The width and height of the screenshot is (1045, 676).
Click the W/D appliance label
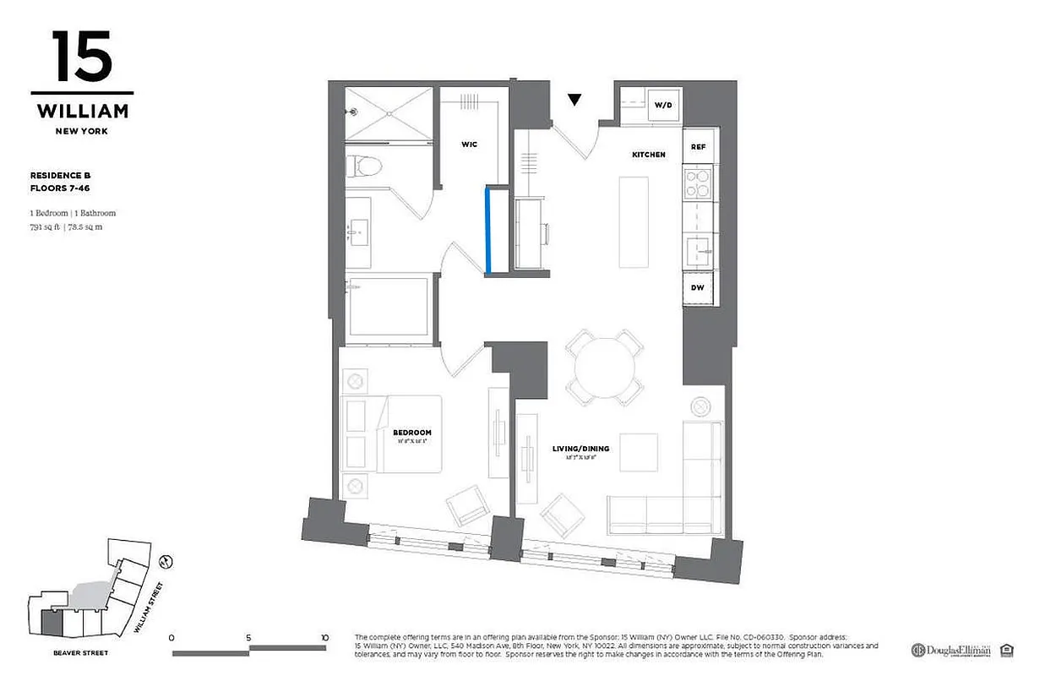[662, 106]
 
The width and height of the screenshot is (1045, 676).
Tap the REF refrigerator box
[698, 146]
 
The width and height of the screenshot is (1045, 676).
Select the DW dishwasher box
[698, 288]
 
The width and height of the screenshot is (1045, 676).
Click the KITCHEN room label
[649, 155]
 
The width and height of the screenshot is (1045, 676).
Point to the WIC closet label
[469, 144]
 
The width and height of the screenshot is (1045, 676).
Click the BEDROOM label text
[411, 433]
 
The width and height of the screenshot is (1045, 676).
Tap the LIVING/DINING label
[580, 449]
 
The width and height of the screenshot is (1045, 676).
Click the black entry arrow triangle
[574, 100]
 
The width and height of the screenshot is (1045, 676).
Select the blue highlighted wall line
[487, 230]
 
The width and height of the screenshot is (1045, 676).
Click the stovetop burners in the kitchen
[698, 183]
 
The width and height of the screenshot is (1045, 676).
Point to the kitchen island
[634, 221]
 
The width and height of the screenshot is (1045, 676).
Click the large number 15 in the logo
[81, 57]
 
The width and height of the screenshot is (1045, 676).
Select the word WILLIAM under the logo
[82, 112]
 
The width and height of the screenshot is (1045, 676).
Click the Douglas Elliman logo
[950, 650]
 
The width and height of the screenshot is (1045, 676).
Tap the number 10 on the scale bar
[324, 638]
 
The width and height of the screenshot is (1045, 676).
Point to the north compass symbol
[166, 560]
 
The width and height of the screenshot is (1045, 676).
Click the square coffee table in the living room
[638, 452]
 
